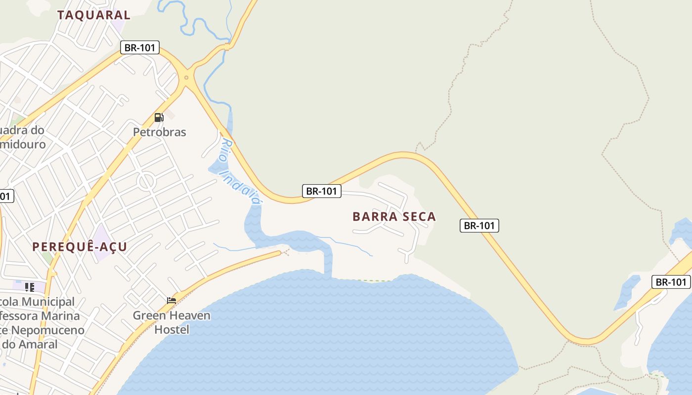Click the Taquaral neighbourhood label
coord(93,15)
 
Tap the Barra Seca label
coord(394,217)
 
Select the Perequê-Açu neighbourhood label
coord(80,247)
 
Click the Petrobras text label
coord(160,132)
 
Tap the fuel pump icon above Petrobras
coord(159,118)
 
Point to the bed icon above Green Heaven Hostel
coord(172,300)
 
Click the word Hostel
coord(172,329)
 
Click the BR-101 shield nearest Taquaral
coord(140,48)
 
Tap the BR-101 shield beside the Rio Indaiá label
coord(322,191)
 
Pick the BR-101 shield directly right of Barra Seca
coord(479,226)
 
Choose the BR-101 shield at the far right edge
coord(671,282)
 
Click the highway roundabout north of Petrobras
coord(186,77)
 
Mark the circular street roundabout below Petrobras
coord(147,182)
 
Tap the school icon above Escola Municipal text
coord(30,287)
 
